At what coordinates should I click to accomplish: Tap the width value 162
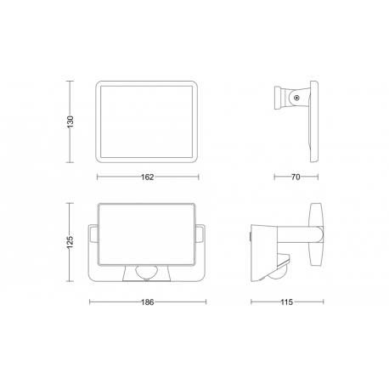[x=146, y=177]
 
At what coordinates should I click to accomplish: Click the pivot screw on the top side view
[x=296, y=99]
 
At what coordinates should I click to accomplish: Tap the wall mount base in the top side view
[x=280, y=99]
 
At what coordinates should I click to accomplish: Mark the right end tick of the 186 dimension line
[x=205, y=301]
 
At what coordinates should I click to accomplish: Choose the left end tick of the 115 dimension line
[x=251, y=301]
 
